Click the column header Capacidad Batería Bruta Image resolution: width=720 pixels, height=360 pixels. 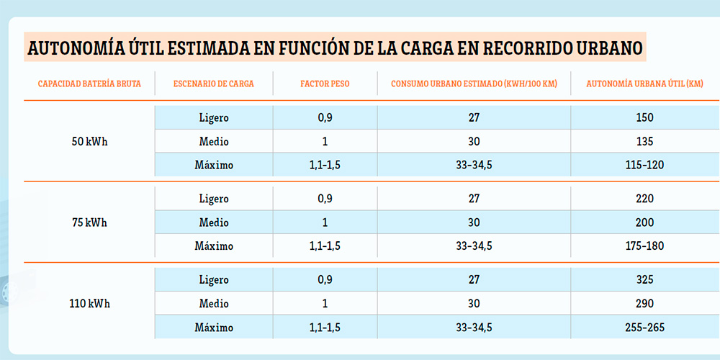(x=89, y=84)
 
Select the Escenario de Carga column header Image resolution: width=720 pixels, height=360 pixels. (x=214, y=84)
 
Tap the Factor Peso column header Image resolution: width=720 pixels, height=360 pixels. (x=325, y=84)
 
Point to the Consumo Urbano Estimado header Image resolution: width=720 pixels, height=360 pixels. (x=473, y=84)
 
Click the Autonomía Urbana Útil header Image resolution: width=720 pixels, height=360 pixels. (x=644, y=84)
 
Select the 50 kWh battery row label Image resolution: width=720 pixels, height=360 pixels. (x=89, y=141)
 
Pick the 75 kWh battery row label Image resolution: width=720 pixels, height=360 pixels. (x=89, y=222)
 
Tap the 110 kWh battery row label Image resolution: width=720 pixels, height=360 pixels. (x=89, y=304)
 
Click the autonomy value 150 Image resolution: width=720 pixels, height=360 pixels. (x=644, y=118)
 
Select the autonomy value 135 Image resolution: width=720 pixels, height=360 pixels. (x=644, y=141)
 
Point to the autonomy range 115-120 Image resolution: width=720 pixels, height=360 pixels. (x=644, y=165)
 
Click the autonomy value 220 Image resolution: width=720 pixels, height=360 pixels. (x=644, y=199)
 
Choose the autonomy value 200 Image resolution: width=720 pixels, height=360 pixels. (x=644, y=222)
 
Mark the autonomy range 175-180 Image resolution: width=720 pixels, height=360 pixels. (x=644, y=246)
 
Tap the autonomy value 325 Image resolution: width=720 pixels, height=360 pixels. (x=644, y=280)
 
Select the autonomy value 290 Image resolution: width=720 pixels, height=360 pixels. (x=644, y=304)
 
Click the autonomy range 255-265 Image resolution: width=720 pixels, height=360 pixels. (x=644, y=328)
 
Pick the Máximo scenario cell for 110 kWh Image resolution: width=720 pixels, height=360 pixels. (x=214, y=328)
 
